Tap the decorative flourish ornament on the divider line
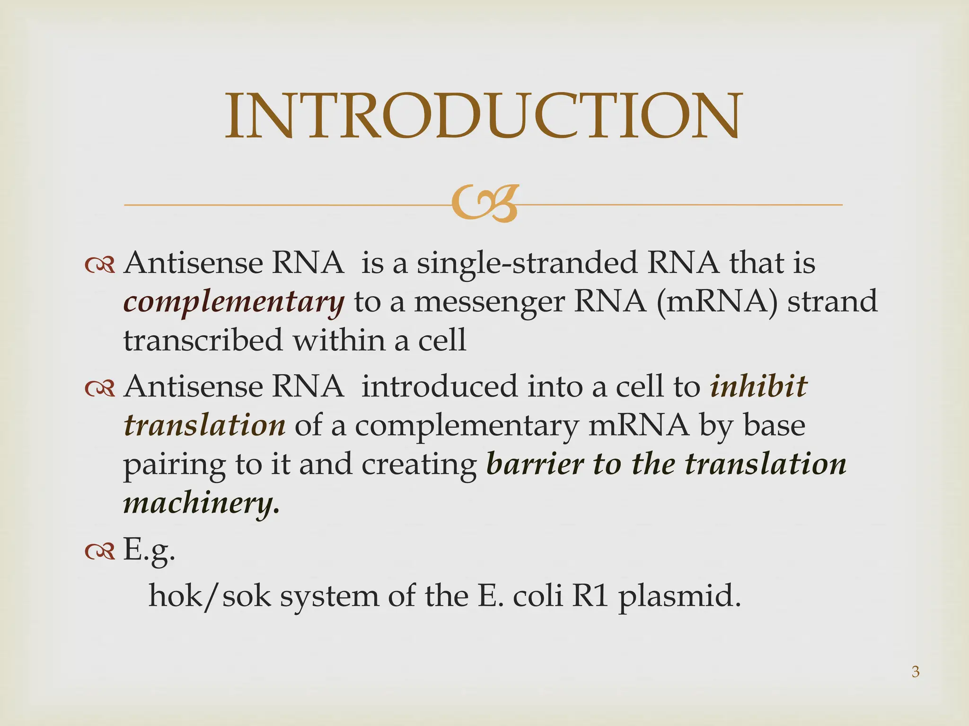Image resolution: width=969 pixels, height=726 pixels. pos(484,204)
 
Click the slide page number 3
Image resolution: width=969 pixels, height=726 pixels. pos(915,672)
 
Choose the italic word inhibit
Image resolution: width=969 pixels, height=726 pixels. pos(758,387)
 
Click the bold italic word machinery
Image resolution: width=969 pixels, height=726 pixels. pos(201,503)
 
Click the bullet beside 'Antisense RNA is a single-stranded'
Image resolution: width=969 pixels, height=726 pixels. pos(100,266)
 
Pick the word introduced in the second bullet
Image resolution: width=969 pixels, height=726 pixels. pos(439,387)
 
